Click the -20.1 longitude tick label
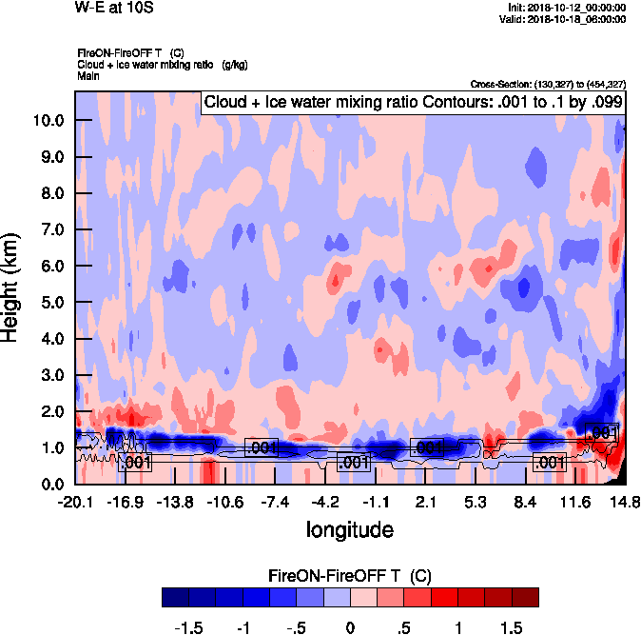point(75,502)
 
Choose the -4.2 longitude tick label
point(325,502)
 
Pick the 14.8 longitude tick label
point(625,502)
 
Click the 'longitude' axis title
point(349,528)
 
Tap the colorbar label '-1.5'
point(189,629)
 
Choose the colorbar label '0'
point(350,629)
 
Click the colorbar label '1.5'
point(511,629)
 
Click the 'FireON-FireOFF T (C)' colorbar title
point(350,575)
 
